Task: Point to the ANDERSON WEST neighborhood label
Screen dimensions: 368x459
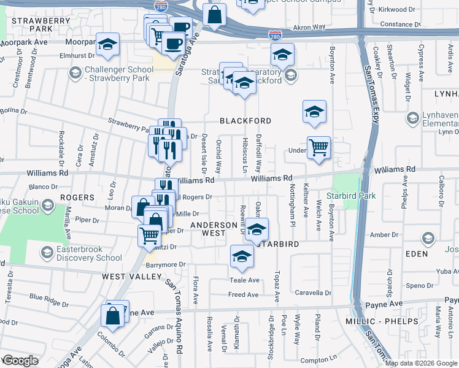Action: coord(214,229)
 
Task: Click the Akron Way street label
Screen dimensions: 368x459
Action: coord(309,28)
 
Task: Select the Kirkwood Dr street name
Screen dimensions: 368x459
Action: coord(397,10)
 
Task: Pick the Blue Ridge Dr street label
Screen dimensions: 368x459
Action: coord(49,301)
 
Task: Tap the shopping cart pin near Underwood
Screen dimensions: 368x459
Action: coord(318,147)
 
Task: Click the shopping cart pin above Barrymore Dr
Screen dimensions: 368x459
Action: coord(149,235)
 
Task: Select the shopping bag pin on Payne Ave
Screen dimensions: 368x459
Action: coord(114,316)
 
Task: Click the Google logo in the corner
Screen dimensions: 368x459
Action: coord(20,361)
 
